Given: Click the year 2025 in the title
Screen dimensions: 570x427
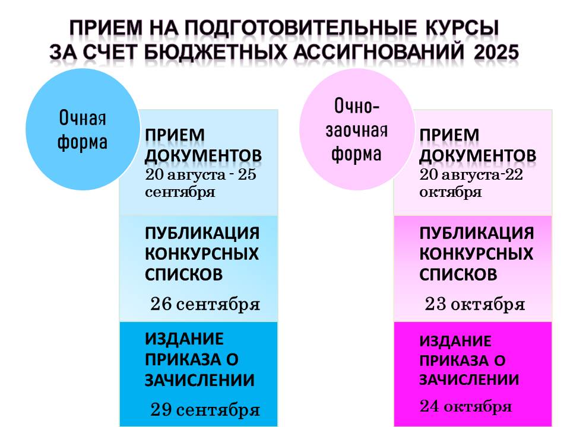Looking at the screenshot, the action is point(496,52).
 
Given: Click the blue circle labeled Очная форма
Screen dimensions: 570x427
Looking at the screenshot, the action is point(83,129).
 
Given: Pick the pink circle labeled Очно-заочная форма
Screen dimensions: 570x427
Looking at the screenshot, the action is point(357,129).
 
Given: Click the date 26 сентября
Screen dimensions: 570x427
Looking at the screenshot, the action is point(205,304).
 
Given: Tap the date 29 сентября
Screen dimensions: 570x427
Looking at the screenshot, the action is point(205,410).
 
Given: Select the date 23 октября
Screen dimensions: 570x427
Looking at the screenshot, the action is point(475,304).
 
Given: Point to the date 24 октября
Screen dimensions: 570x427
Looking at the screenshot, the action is point(465,406).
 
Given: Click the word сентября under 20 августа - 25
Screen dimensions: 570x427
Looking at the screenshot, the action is point(180,192).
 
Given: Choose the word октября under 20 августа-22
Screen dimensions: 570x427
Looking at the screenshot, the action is point(451,192).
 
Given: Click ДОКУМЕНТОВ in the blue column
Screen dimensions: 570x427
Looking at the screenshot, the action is point(203,156).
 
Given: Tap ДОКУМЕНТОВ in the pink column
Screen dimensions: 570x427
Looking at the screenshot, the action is point(477,156).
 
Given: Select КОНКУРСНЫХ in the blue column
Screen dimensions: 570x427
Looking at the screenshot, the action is point(202,254).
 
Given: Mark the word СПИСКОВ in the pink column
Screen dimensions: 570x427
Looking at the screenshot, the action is point(458,275).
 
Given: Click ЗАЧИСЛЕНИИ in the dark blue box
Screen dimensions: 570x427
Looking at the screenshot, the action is point(199,380).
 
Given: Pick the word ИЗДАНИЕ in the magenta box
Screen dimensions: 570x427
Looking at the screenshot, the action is point(455,341).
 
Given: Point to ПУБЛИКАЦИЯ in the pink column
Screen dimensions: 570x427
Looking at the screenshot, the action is point(477,233).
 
